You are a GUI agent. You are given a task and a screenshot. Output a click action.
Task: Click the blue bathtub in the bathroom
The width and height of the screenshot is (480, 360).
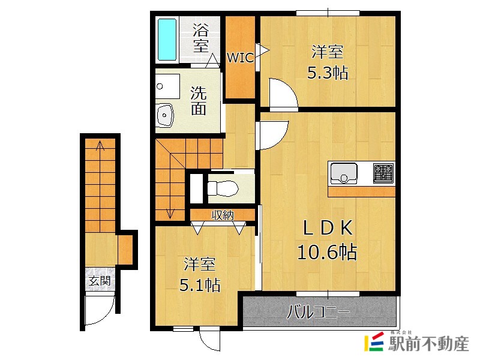[x=167, y=40]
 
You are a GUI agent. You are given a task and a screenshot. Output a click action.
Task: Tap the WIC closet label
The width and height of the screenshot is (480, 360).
[x=241, y=57]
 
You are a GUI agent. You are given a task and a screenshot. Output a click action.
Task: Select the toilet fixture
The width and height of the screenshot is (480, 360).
[x=223, y=188]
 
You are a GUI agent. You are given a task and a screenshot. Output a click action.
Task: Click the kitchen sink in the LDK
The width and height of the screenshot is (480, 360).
[x=344, y=173]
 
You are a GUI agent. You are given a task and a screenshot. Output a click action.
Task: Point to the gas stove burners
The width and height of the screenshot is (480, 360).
[x=383, y=173]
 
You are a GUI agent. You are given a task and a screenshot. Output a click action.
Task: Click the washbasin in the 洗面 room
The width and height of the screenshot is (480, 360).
[x=165, y=115]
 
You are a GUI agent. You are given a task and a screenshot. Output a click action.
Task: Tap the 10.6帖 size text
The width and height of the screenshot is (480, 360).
[x=327, y=252]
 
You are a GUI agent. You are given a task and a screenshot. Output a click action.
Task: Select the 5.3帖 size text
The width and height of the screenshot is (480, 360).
[x=328, y=73]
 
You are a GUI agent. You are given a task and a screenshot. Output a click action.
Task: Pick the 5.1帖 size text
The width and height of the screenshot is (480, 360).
[x=200, y=285]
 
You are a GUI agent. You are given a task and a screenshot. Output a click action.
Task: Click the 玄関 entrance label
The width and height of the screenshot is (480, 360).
[x=100, y=281]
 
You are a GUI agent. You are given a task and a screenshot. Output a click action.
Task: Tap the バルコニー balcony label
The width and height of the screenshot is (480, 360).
[x=319, y=312]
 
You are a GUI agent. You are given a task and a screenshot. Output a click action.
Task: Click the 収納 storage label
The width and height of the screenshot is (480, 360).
[x=223, y=215]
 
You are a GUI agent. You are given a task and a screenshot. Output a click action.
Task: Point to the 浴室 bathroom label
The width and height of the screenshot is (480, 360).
[x=201, y=38]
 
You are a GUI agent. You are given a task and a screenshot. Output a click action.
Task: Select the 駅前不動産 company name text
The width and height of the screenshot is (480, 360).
[x=428, y=343]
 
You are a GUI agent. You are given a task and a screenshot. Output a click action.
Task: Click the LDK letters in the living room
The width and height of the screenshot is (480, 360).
[x=328, y=228]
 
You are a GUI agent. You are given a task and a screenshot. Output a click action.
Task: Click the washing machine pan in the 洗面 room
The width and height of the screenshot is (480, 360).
[x=167, y=86]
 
